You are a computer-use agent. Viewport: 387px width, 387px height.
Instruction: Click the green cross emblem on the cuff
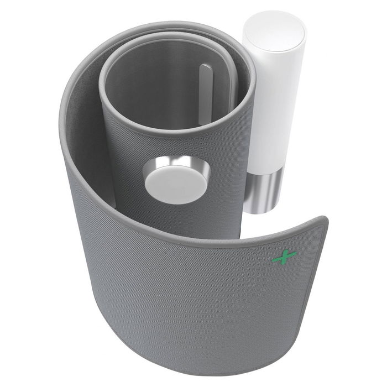coord(285,257)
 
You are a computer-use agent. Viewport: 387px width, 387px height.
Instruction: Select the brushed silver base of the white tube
coord(264,190)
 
